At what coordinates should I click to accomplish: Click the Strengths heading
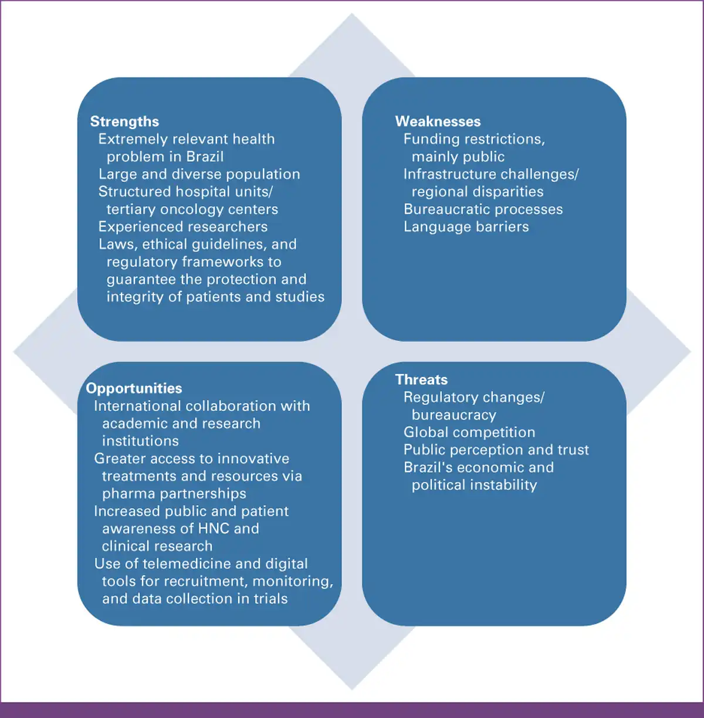[124, 122]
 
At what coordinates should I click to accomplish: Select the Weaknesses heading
[438, 121]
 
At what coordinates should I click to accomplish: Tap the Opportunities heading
[134, 388]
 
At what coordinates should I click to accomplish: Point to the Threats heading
[421, 380]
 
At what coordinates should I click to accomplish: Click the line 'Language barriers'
[466, 227]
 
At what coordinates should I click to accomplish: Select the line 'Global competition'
[469, 432]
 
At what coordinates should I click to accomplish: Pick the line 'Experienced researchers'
[183, 227]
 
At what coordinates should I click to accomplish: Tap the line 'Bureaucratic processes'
[483, 209]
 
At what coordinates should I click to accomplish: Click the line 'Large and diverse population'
[199, 174]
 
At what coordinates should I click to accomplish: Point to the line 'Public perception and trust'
[496, 450]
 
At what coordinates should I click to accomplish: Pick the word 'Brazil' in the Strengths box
[205, 157]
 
